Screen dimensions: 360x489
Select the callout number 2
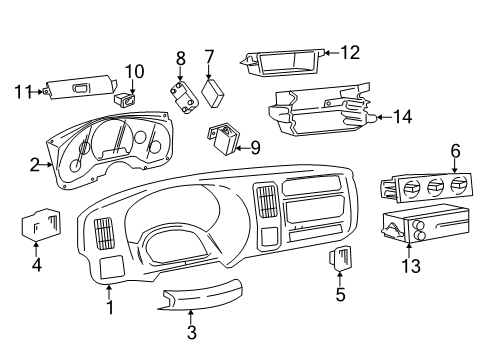point(34,165)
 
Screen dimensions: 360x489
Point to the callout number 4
point(36,265)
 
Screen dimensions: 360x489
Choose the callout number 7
point(209,57)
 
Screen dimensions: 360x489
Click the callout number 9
point(255,148)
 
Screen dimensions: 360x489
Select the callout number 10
point(134,71)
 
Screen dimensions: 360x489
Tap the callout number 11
point(20,92)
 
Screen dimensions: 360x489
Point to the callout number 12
point(348,52)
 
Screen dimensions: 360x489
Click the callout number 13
point(410,265)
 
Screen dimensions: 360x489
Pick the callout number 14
point(402,117)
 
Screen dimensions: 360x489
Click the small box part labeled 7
point(212,92)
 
